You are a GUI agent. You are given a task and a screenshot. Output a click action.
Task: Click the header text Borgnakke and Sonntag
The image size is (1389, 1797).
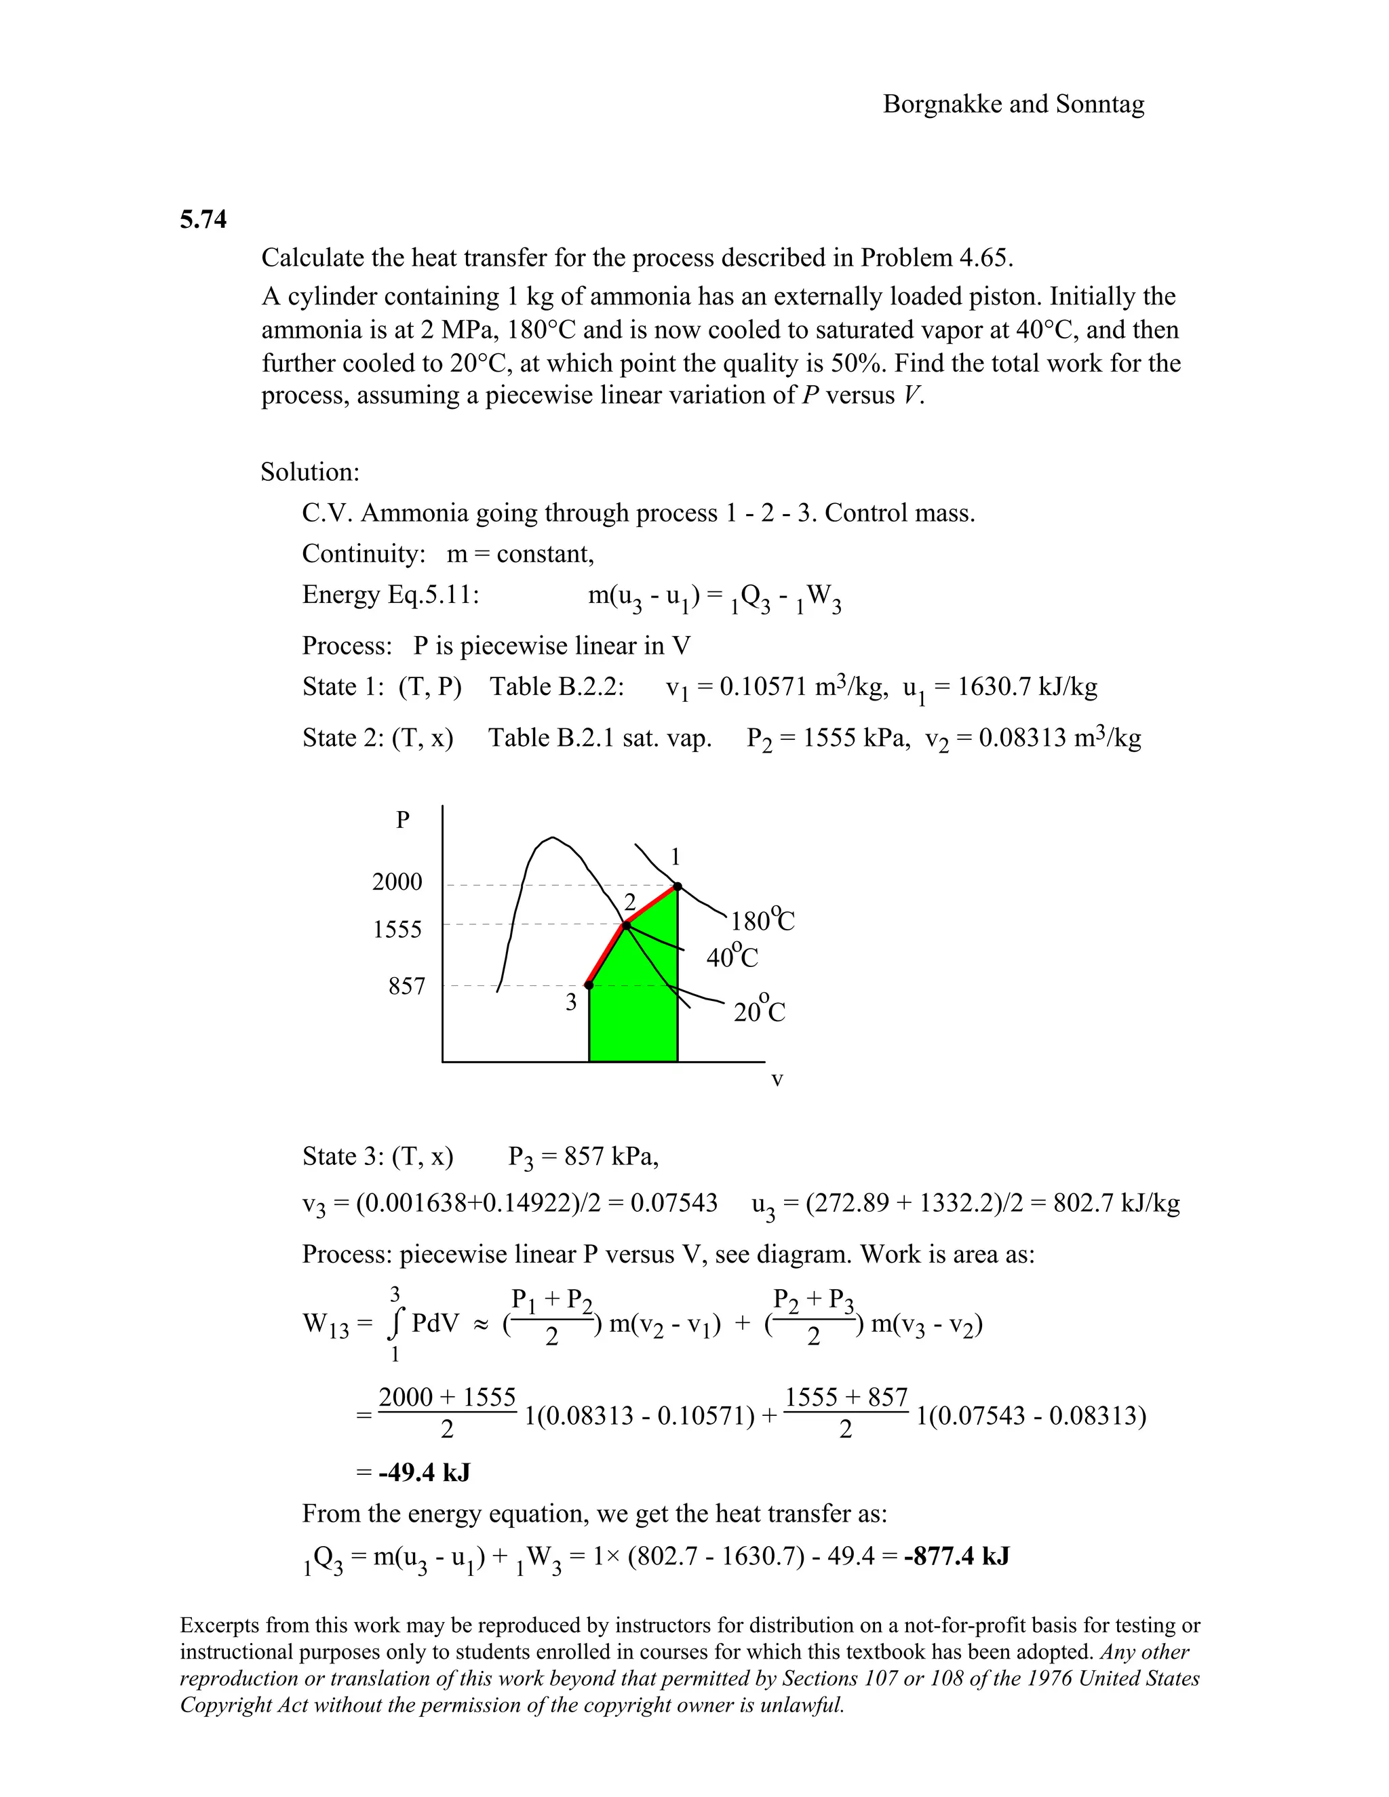[1013, 104]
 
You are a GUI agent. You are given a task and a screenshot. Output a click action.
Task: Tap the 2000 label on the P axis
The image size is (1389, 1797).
[397, 882]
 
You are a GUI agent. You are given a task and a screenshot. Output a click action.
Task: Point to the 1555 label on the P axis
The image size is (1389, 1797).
[397, 930]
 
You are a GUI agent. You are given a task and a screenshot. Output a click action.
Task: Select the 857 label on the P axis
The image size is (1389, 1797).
[406, 986]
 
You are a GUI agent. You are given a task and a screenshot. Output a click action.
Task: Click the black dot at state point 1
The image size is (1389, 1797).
[678, 886]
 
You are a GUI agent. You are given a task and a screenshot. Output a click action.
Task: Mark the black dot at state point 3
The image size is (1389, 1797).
[588, 985]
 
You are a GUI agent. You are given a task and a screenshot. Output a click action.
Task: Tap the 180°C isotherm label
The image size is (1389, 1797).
[762, 920]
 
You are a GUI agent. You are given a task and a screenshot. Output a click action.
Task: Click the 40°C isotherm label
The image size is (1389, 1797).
[732, 957]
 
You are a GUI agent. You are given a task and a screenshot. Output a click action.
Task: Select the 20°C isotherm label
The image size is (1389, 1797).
[759, 1011]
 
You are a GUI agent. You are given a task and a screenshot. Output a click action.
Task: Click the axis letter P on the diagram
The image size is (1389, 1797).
[402, 821]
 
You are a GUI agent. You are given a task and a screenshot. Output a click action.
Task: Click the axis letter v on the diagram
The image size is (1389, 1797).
[777, 1079]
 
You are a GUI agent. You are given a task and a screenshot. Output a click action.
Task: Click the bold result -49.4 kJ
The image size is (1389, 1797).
[424, 1472]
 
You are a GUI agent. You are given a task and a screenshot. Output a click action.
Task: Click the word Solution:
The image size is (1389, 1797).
[310, 472]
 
